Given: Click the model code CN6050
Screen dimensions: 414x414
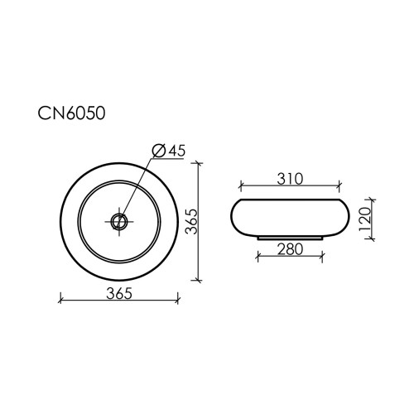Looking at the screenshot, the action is pyautogui.click(x=71, y=113).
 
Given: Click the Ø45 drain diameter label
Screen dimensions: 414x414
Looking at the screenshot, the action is pyautogui.click(x=169, y=151).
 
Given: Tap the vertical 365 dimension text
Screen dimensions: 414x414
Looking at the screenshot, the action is pyautogui.click(x=191, y=222).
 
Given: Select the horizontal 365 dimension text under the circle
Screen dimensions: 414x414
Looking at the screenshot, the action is pyautogui.click(x=119, y=293).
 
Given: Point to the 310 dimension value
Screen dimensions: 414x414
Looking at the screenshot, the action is pyautogui.click(x=290, y=179).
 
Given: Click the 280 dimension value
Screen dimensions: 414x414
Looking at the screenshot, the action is pyautogui.click(x=290, y=249).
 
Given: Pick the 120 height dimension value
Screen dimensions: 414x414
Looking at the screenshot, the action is pyautogui.click(x=364, y=219).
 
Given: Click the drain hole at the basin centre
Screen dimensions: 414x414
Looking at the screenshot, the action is pyautogui.click(x=119, y=221).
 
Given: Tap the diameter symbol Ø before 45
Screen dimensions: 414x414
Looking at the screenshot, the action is pyautogui.click(x=159, y=151).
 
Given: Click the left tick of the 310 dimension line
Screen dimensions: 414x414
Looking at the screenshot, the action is pyautogui.click(x=241, y=186).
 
